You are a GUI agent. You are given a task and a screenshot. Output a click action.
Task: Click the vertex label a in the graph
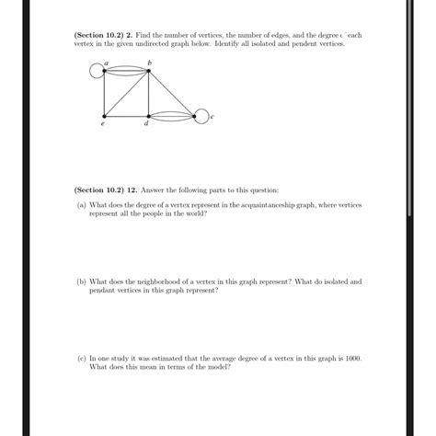(107, 63)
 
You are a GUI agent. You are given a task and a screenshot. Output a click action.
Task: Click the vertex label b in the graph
(149, 63)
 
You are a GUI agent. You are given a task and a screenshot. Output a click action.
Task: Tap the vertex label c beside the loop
(212, 117)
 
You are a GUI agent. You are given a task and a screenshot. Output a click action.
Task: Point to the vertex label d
(146, 125)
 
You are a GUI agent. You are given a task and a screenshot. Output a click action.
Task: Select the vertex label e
(102, 125)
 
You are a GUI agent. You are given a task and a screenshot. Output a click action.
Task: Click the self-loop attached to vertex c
(204, 116)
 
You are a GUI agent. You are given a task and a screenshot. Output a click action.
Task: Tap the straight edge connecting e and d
(126, 117)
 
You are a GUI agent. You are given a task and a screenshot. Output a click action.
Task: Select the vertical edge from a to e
(105, 94)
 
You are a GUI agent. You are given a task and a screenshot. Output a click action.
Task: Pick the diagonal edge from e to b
(126, 94)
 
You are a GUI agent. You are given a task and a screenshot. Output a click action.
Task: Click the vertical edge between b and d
(148, 94)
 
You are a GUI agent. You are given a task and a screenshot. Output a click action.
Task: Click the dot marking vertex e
(105, 117)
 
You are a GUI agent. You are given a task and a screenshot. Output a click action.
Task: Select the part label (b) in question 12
(82, 282)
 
